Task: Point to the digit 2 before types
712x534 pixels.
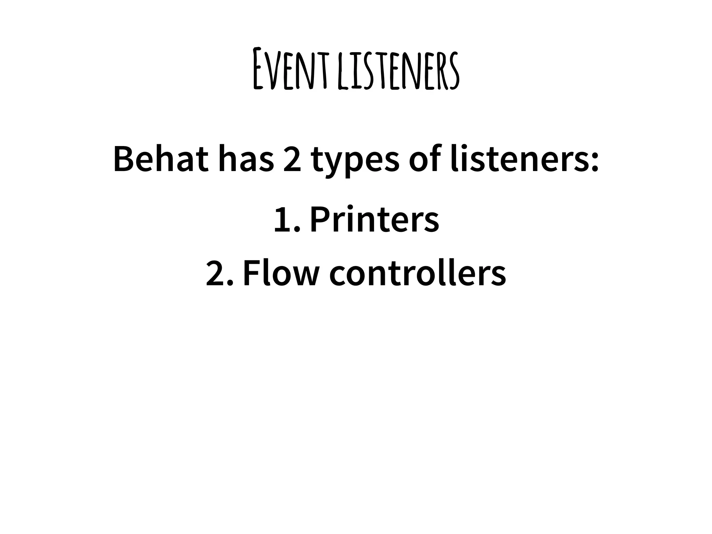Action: click(x=292, y=160)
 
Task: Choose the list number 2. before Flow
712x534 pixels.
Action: click(x=219, y=274)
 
